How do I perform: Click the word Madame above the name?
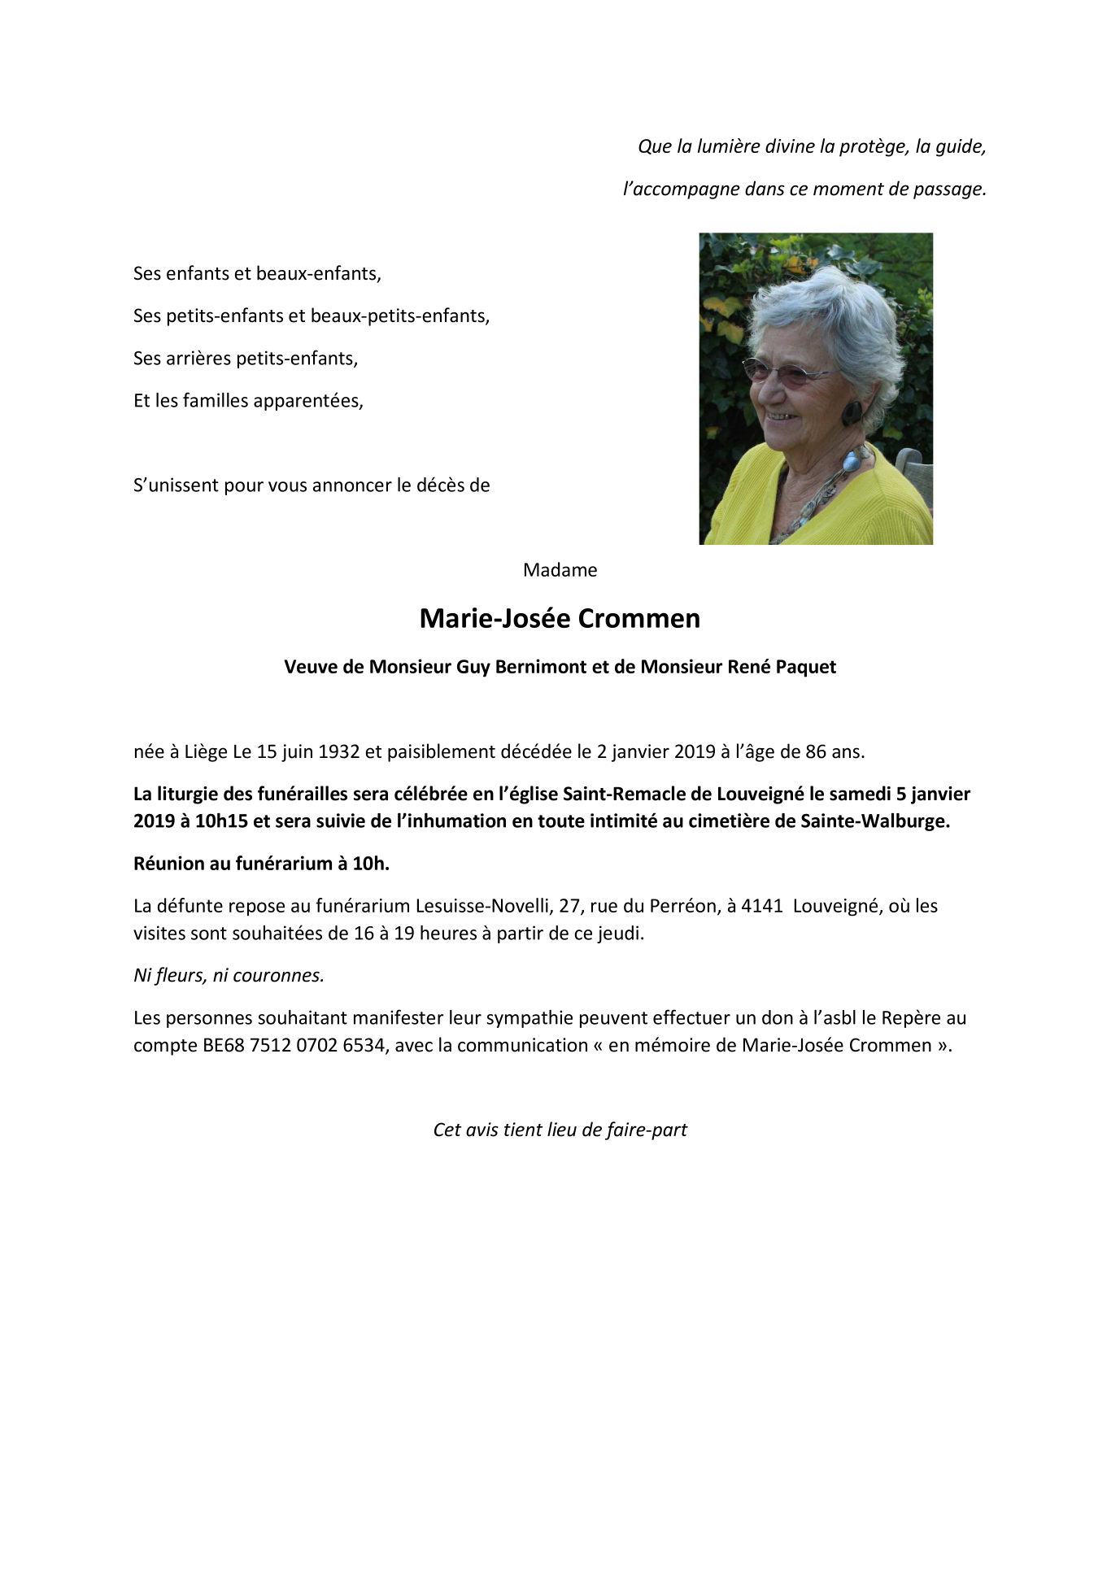(x=560, y=570)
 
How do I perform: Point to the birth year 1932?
(x=338, y=751)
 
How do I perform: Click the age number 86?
(x=816, y=751)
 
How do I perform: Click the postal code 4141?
(x=761, y=906)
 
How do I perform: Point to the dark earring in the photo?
(x=852, y=412)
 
